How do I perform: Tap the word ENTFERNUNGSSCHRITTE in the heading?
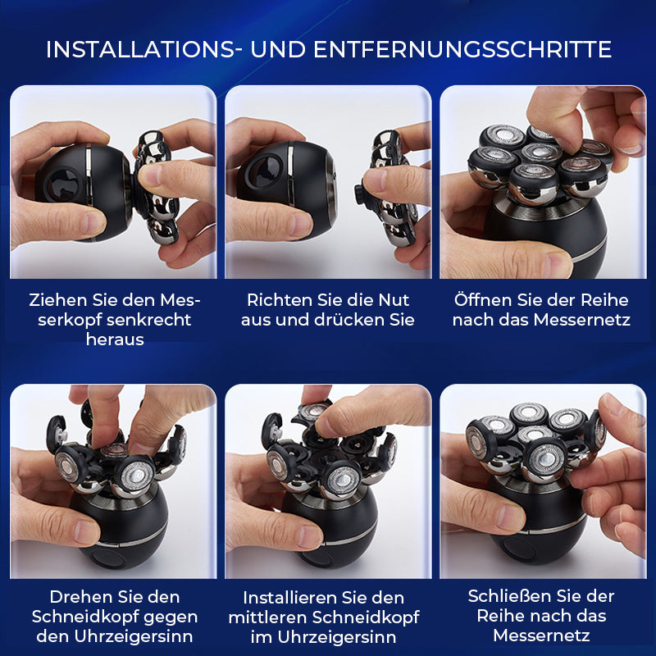click(x=462, y=49)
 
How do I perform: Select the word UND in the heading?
click(x=278, y=49)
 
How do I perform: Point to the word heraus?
click(x=115, y=339)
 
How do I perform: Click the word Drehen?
click(x=78, y=597)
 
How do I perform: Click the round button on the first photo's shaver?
click(x=62, y=184)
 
